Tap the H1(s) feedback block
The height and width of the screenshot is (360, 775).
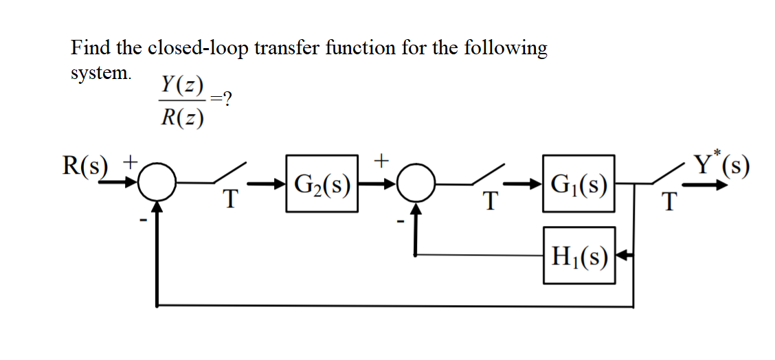579,256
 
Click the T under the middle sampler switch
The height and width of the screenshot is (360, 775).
489,201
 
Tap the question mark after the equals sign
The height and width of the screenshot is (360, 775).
227,100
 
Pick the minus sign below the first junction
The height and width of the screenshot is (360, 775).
144,220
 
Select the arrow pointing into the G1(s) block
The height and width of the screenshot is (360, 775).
530,184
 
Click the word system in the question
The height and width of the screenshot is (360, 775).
100,72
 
